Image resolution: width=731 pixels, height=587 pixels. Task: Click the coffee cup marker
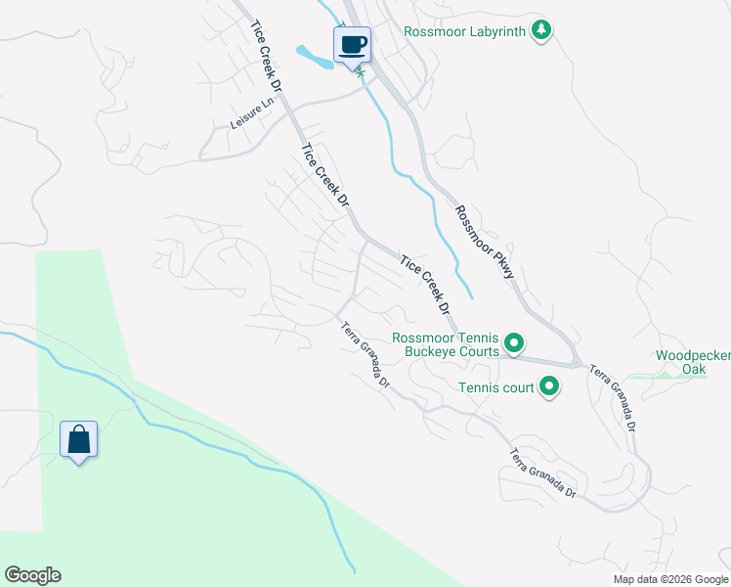click(x=353, y=44)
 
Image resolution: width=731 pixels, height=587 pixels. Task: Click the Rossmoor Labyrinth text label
click(x=466, y=30)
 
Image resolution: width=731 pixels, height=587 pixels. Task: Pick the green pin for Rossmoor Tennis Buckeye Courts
click(x=514, y=344)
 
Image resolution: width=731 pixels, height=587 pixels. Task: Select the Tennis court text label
click(x=496, y=387)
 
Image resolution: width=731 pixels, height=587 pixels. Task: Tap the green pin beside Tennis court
click(x=549, y=387)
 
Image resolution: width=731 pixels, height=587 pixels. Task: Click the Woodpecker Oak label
click(x=693, y=362)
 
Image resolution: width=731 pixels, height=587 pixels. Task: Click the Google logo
click(x=32, y=575)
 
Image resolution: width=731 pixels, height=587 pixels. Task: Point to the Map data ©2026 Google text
click(x=669, y=579)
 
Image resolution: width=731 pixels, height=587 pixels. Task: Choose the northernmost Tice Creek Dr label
click(x=266, y=58)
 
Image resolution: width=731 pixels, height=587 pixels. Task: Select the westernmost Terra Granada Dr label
click(x=365, y=354)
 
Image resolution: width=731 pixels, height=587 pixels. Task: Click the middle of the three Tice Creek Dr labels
click(x=325, y=177)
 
